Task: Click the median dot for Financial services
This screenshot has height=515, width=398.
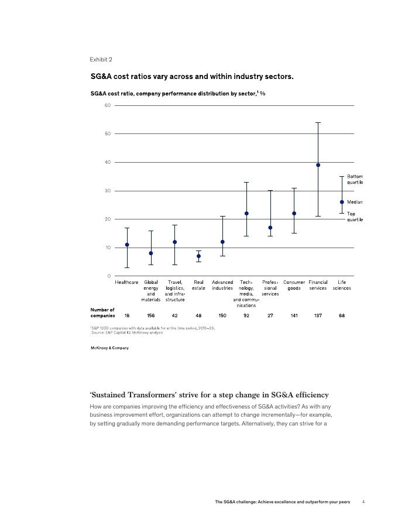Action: coord(318,165)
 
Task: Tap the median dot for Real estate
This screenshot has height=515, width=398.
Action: coord(198,256)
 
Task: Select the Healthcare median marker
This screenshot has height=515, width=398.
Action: coord(127,245)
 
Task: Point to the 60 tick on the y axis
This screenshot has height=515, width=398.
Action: coord(108,105)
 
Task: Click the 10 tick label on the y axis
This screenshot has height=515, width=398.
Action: coord(108,248)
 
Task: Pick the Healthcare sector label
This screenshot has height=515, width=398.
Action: coord(127,282)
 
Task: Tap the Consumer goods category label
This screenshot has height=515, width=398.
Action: coord(294,285)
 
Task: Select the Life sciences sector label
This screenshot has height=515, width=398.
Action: coord(342,285)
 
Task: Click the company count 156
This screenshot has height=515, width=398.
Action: coord(150,315)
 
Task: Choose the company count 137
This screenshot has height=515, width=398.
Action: coord(318,315)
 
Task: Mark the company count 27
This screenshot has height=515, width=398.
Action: coord(270,315)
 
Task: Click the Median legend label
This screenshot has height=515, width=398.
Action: coord(355,202)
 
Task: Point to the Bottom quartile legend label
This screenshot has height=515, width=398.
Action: coord(355,179)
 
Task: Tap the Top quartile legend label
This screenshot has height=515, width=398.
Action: coord(355,217)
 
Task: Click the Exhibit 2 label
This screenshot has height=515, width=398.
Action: coord(101,60)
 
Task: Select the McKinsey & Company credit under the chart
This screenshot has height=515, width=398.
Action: coord(109,348)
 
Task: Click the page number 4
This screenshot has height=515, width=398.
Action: coord(363,502)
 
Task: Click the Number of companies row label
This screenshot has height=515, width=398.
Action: coord(102,313)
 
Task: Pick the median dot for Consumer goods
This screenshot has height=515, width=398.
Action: coord(294,214)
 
